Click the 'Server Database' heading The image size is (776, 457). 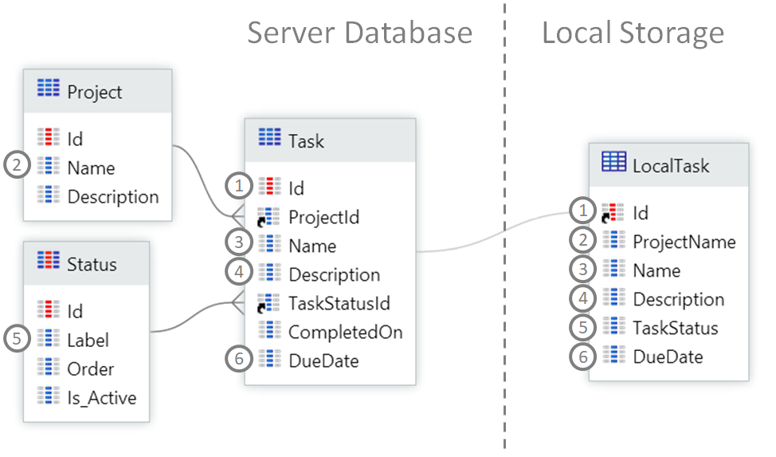click(x=359, y=33)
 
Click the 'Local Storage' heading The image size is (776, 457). click(x=633, y=33)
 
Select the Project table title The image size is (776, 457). click(x=95, y=92)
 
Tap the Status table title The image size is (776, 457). click(x=92, y=264)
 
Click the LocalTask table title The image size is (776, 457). click(x=670, y=166)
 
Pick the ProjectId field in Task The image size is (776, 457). click(x=323, y=217)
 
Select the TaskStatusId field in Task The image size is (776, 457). click(x=339, y=303)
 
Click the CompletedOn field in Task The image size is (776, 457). click(x=345, y=332)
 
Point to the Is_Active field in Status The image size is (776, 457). click(x=102, y=397)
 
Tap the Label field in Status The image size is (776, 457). click(x=88, y=340)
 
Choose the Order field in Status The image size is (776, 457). click(x=90, y=368)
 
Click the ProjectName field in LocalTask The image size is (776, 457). click(x=684, y=242)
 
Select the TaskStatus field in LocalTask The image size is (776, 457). click(x=675, y=328)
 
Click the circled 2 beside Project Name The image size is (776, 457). click(x=16, y=167)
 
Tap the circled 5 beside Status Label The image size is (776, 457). click(x=16, y=339)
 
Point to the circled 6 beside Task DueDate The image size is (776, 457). click(x=237, y=360)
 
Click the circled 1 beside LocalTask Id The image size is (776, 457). click(x=583, y=212)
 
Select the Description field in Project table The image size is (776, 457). click(x=112, y=196)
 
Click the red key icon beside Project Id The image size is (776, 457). click(x=48, y=139)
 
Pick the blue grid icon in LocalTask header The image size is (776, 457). click(x=613, y=163)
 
